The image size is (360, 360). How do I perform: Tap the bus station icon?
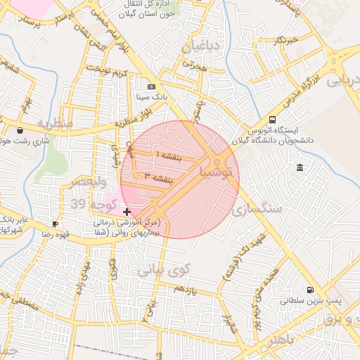click(273, 120)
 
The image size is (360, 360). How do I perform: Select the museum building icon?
click(300, 167)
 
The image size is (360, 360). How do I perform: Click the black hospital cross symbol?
click(127, 212)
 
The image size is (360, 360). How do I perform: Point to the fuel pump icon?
click(309, 290)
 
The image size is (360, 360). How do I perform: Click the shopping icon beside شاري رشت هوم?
click(20, 130)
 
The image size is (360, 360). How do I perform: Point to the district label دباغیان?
click(202, 47)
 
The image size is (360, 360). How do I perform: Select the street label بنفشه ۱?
click(169, 155)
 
